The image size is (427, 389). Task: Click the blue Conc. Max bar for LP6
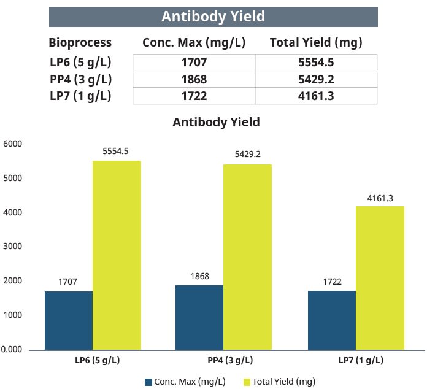69,320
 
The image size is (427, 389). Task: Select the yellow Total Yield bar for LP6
117,255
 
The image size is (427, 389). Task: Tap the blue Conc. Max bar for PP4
199,317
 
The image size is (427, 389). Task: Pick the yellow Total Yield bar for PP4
247,256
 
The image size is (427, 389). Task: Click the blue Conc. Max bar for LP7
332,320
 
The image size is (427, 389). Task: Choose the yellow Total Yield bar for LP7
380,277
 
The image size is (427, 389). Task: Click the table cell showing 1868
193,79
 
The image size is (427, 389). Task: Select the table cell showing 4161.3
316,96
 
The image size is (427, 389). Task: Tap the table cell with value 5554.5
316,63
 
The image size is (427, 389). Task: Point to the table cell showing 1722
193,96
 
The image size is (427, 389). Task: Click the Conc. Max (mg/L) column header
193,42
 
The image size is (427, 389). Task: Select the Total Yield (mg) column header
316,42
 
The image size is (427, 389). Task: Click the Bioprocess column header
80,42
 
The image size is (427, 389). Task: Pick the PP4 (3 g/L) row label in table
80,79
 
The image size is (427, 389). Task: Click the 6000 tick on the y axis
13,144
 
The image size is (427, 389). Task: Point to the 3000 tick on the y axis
13,247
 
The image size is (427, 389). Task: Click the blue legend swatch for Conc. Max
148,382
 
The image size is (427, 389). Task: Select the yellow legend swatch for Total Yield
247,382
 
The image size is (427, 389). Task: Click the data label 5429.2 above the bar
247,155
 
